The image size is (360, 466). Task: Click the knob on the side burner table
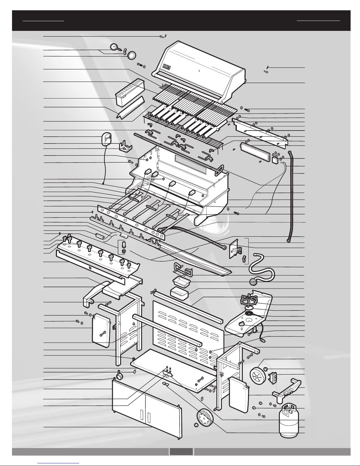pos(242,323)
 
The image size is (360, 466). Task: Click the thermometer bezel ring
pos(132,55)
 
